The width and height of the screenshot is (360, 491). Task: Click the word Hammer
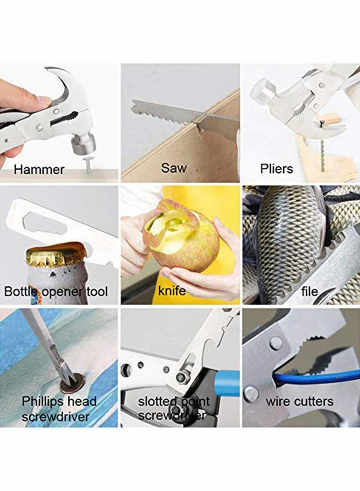tap(39, 170)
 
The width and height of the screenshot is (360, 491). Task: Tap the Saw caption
tap(173, 168)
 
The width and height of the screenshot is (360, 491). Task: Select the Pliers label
tap(276, 169)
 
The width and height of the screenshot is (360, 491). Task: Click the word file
tap(310, 291)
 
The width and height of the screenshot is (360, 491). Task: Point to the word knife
tap(172, 291)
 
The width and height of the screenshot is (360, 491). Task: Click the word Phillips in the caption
tap(43, 401)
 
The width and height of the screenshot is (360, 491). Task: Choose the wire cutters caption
tap(299, 401)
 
